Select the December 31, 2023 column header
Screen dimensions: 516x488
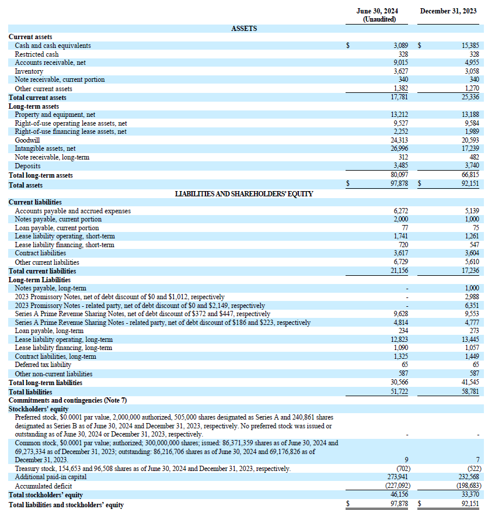click(448, 11)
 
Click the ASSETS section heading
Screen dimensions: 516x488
click(244, 28)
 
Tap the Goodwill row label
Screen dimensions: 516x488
click(27, 140)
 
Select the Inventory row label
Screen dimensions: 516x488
click(27, 71)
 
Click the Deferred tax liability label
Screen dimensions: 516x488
click(43, 365)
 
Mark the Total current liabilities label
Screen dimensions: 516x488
click(42, 271)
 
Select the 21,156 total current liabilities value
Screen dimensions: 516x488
click(399, 271)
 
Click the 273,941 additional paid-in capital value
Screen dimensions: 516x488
click(397, 477)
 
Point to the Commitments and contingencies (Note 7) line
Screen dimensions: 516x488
click(67, 400)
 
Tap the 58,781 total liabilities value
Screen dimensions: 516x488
click(470, 392)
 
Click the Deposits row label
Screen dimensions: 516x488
click(27, 166)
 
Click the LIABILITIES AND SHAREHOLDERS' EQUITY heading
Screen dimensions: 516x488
click(244, 193)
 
